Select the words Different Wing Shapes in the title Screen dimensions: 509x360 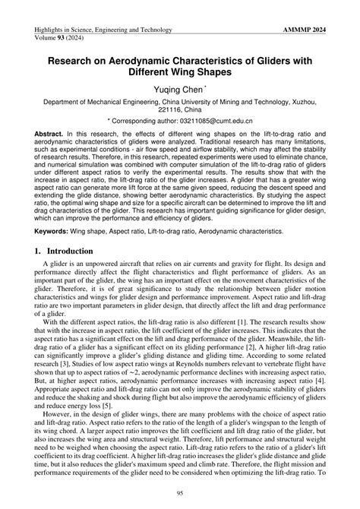pos(180,74)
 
